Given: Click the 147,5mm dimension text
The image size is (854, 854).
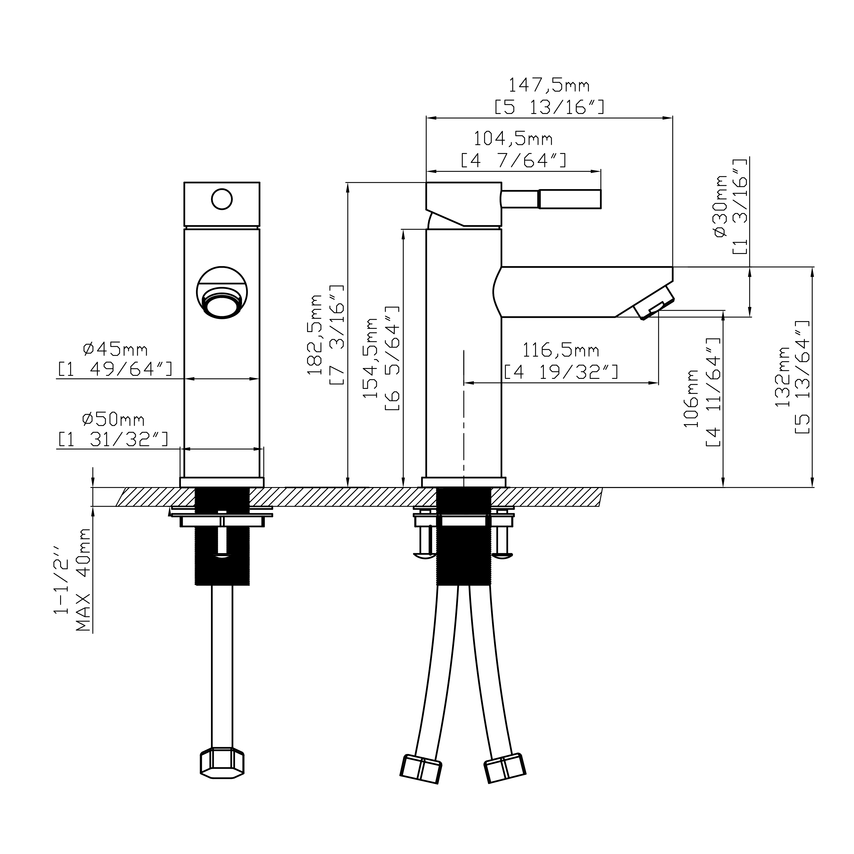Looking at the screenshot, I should click(548, 85).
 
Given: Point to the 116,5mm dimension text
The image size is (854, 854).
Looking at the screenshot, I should click(560, 351).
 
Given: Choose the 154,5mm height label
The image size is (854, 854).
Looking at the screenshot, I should click(370, 358).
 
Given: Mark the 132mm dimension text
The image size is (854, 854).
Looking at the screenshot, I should click(782, 377).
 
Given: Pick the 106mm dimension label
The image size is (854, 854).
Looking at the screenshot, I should click(691, 398).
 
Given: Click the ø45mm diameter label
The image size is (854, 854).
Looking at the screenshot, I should click(115, 349).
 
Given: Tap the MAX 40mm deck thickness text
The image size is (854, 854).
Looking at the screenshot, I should click(83, 580).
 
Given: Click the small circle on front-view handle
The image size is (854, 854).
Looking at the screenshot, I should click(221, 199).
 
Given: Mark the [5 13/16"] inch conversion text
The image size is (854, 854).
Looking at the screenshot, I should click(548, 107).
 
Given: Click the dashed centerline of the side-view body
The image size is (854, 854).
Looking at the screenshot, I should click(464, 420).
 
